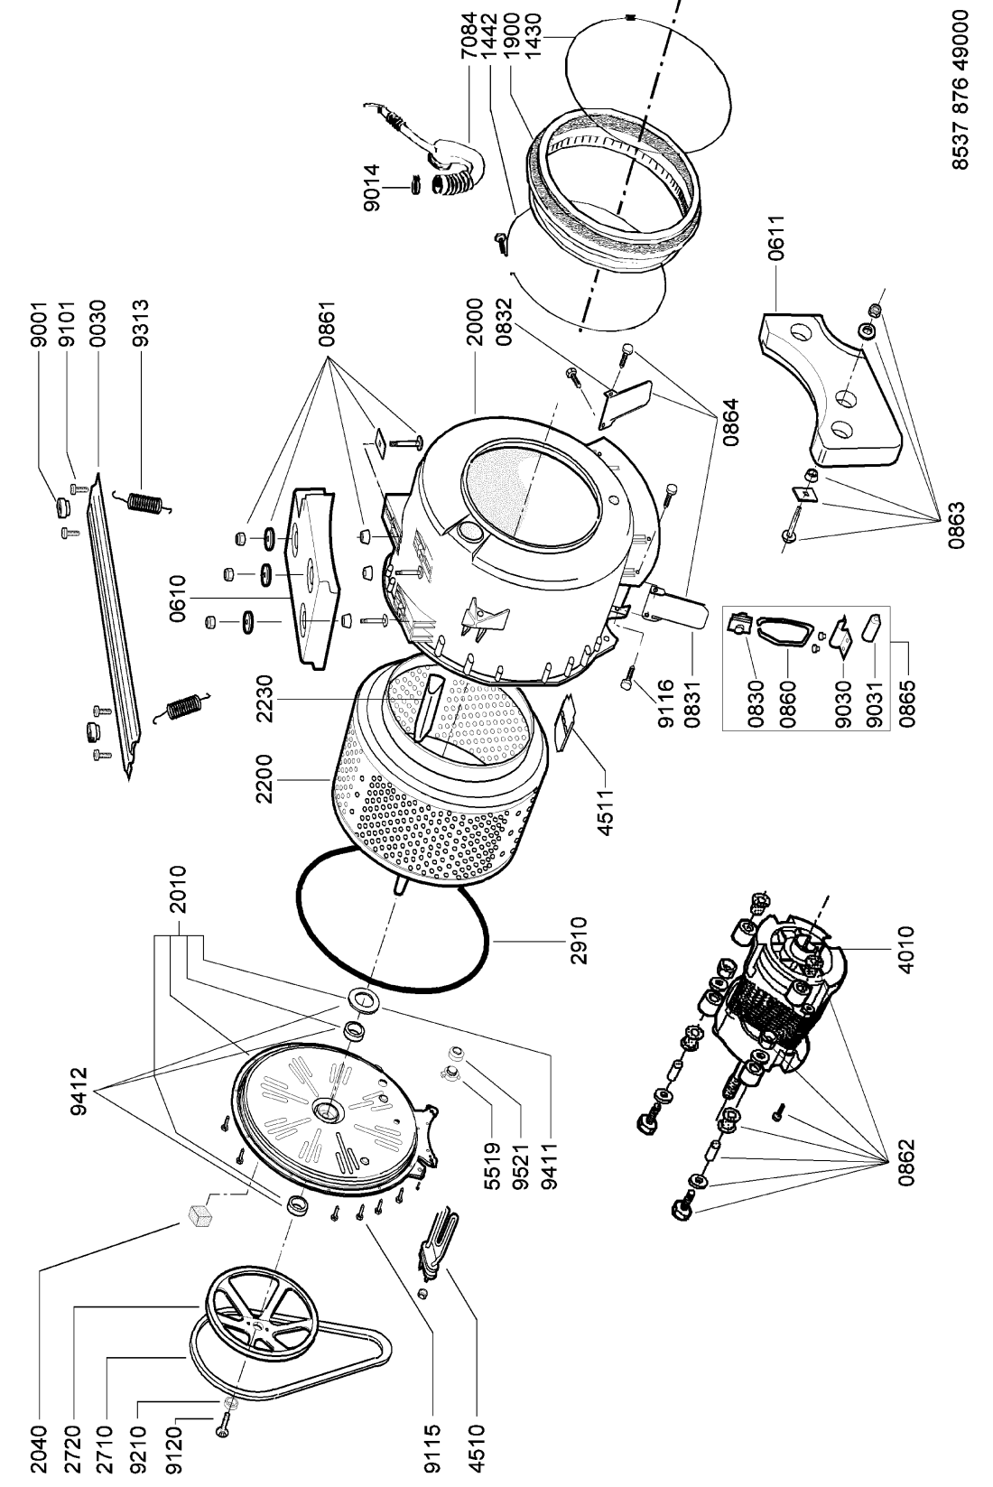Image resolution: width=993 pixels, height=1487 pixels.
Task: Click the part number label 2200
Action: [x=264, y=778]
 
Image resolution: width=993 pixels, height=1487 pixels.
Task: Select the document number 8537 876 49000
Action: [x=959, y=89]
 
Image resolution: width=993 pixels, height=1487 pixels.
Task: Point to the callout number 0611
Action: [x=775, y=237]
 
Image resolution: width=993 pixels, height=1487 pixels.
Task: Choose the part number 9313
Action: [x=139, y=323]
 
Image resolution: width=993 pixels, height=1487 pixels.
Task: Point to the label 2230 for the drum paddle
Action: [x=264, y=700]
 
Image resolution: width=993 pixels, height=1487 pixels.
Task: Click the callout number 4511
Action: [x=606, y=810]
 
